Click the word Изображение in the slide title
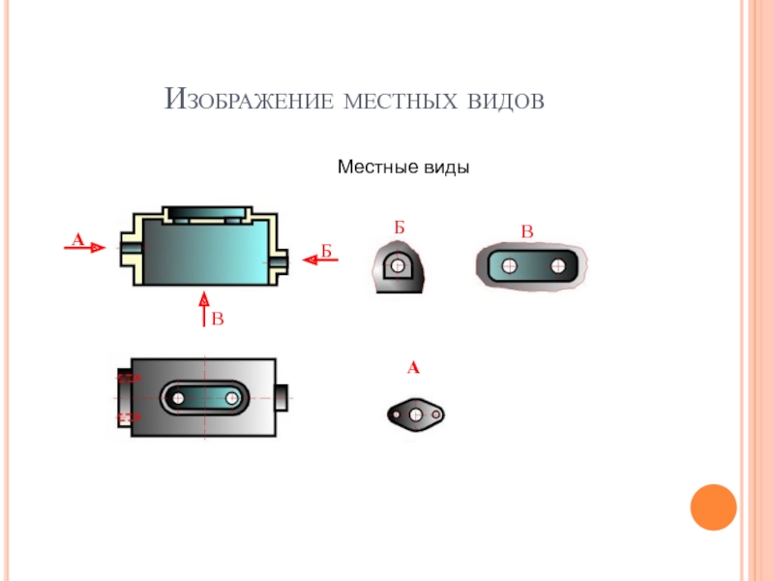point(249,99)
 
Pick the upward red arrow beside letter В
point(203,305)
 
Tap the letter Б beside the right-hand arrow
point(326,251)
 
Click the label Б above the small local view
point(399,228)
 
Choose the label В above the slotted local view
point(527,231)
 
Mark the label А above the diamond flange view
point(413,368)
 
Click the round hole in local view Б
point(398,264)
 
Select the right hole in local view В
point(557,265)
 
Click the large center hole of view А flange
point(415,414)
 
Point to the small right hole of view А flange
point(435,414)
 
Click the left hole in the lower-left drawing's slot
point(178,397)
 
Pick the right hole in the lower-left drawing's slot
point(233,397)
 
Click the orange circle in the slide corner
point(714,506)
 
